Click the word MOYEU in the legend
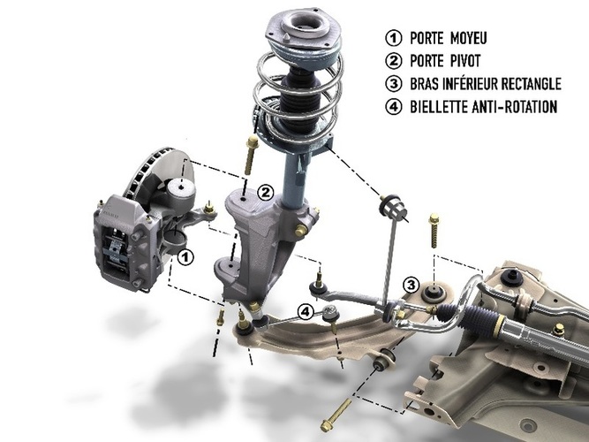[x=468, y=38]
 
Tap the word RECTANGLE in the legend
[x=532, y=84]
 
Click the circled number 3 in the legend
[x=394, y=83]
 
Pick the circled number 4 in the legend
[x=394, y=107]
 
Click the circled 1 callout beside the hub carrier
[x=185, y=257]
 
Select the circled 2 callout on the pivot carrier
[x=265, y=193]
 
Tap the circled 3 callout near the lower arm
[x=411, y=285]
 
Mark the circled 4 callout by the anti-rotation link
[x=306, y=312]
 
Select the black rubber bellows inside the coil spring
[x=300, y=98]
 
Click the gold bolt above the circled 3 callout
[x=434, y=230]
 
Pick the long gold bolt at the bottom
[x=336, y=415]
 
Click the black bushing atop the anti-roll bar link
[x=393, y=207]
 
